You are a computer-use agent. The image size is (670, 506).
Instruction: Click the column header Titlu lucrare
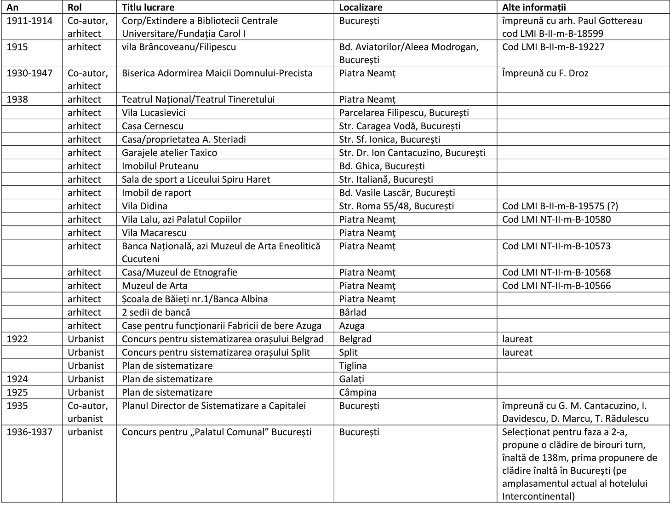tap(148, 7)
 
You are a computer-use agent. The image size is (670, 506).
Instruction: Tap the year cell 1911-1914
tap(29, 21)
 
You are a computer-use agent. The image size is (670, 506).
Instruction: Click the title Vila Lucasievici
tap(154, 113)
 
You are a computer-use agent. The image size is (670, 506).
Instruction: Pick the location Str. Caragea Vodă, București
tap(400, 126)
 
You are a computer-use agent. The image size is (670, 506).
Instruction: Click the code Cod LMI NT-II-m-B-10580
tap(556, 219)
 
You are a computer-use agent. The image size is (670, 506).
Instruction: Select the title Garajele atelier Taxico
tap(169, 153)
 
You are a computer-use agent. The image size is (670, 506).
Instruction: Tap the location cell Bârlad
tap(353, 312)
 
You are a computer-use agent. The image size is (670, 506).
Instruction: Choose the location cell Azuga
tap(352, 326)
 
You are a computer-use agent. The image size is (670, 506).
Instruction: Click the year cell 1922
tap(17, 339)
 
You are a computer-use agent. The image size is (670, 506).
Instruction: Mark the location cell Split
tap(349, 352)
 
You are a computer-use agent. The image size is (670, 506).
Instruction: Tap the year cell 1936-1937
tap(29, 432)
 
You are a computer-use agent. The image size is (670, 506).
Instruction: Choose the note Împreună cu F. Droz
tap(545, 73)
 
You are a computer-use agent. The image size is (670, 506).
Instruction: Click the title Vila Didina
tap(144, 206)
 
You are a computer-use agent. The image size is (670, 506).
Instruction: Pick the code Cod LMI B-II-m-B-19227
tap(553, 47)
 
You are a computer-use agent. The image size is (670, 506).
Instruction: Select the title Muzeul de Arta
tap(155, 286)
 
